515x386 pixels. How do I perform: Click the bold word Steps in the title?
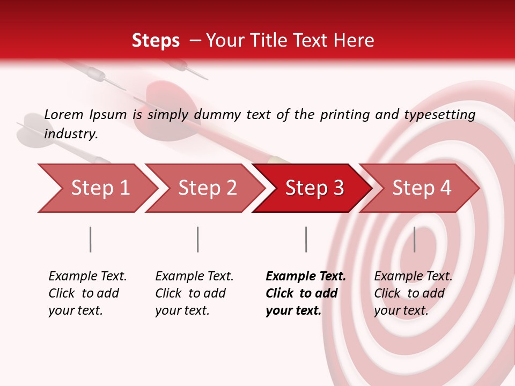156,41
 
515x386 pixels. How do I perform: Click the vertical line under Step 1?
91,239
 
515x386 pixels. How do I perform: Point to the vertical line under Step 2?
198,239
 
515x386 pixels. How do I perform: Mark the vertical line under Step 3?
306,239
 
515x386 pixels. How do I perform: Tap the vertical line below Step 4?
415,239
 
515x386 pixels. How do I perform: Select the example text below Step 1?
87,293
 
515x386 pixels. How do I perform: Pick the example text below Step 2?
194,293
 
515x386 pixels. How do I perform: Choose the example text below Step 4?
413,293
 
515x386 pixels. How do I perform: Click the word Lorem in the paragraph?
63,114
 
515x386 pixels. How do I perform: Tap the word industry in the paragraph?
71,134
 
